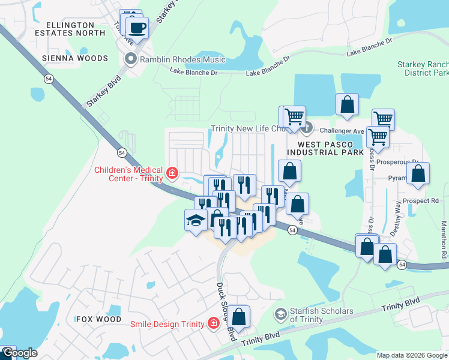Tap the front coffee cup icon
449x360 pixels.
coord(137,28)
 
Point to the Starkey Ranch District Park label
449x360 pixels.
coord(423,68)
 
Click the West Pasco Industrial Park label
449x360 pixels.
coord(326,148)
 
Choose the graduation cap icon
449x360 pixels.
coord(196,220)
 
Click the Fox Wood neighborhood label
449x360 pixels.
coord(98,319)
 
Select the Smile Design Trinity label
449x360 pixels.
coord(168,324)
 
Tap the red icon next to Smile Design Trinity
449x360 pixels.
coord(212,323)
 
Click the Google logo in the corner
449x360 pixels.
coord(19,353)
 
